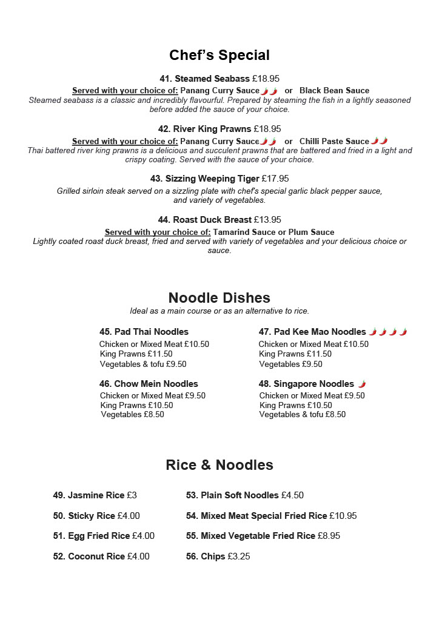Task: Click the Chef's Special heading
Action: click(219, 55)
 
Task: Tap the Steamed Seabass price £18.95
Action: click(266, 79)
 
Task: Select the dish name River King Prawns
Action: click(212, 129)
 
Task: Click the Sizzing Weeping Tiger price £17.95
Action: click(275, 179)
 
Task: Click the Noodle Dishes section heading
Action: click(219, 298)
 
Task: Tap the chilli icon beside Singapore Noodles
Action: click(362, 384)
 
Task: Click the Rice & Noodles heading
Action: click(219, 465)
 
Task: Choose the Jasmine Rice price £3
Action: click(132, 495)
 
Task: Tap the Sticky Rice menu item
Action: click(91, 516)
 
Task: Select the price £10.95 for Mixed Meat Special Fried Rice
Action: click(343, 516)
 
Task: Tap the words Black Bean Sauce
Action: click(334, 91)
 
